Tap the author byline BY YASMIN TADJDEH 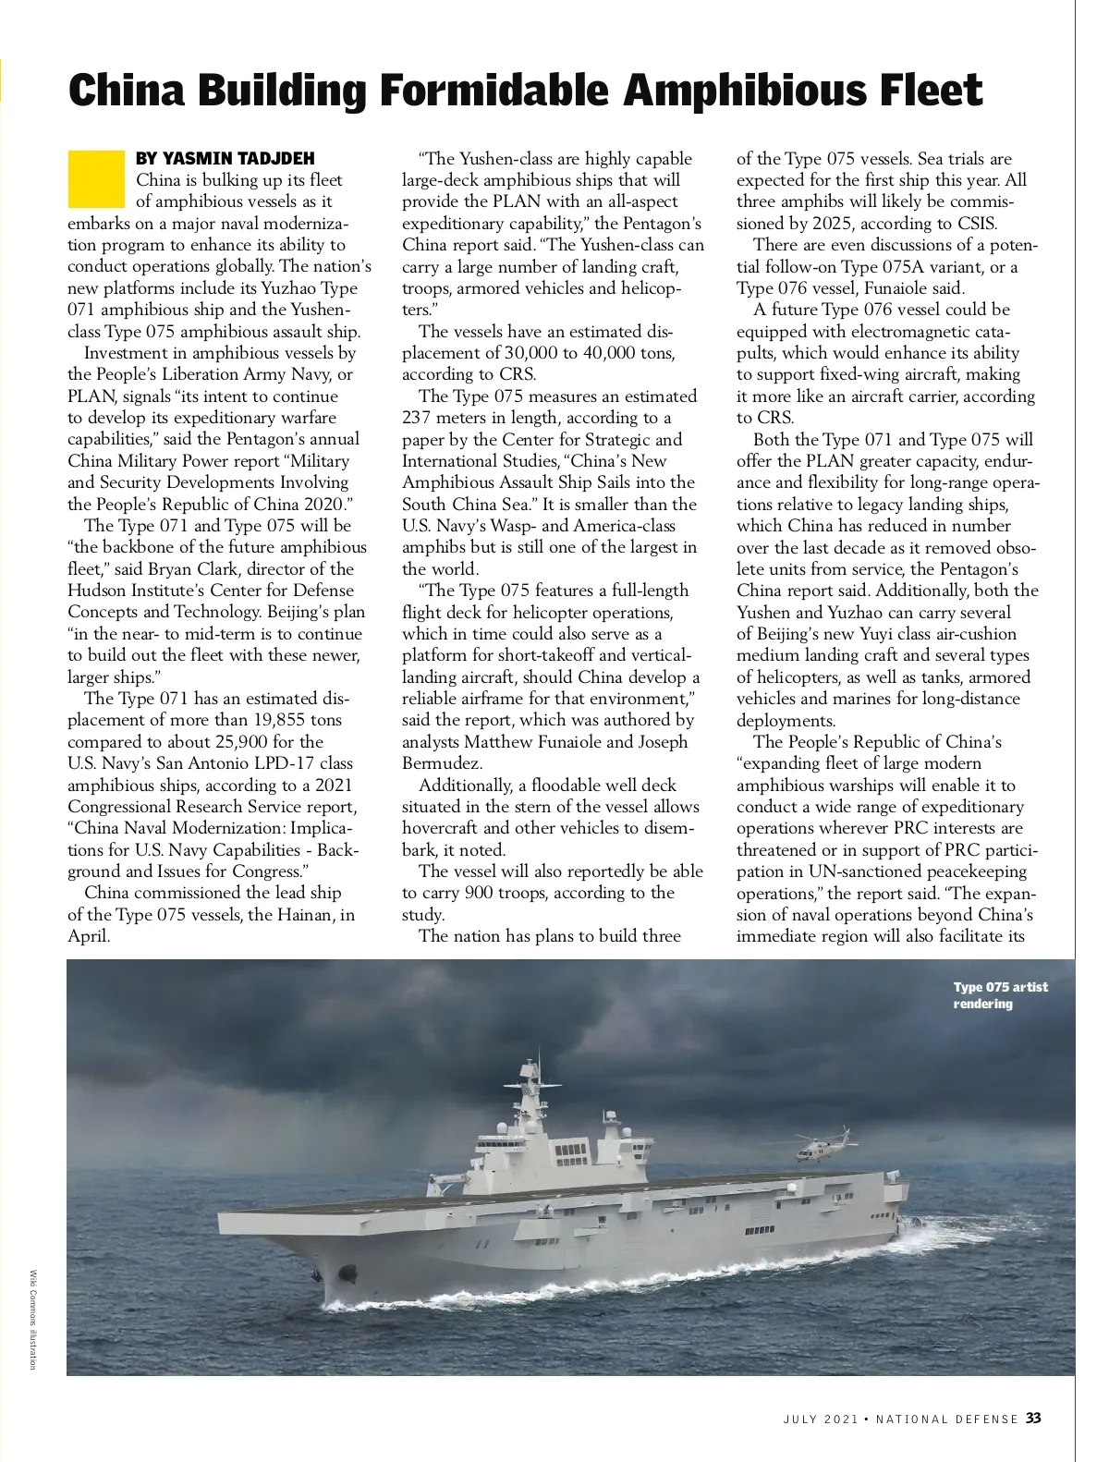[x=225, y=158]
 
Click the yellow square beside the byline [x=95, y=178]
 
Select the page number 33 [x=1033, y=1418]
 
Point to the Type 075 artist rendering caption [x=1000, y=995]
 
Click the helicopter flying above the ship [x=823, y=1145]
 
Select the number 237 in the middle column [x=418, y=418]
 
